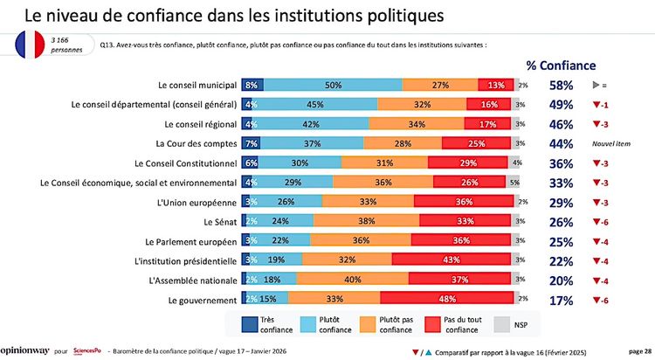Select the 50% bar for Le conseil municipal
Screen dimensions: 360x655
333,85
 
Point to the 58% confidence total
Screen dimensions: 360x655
561,85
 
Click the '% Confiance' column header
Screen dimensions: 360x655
561,65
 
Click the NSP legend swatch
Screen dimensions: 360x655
501,324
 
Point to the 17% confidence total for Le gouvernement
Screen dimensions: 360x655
561,300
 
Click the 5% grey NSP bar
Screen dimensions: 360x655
514,183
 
